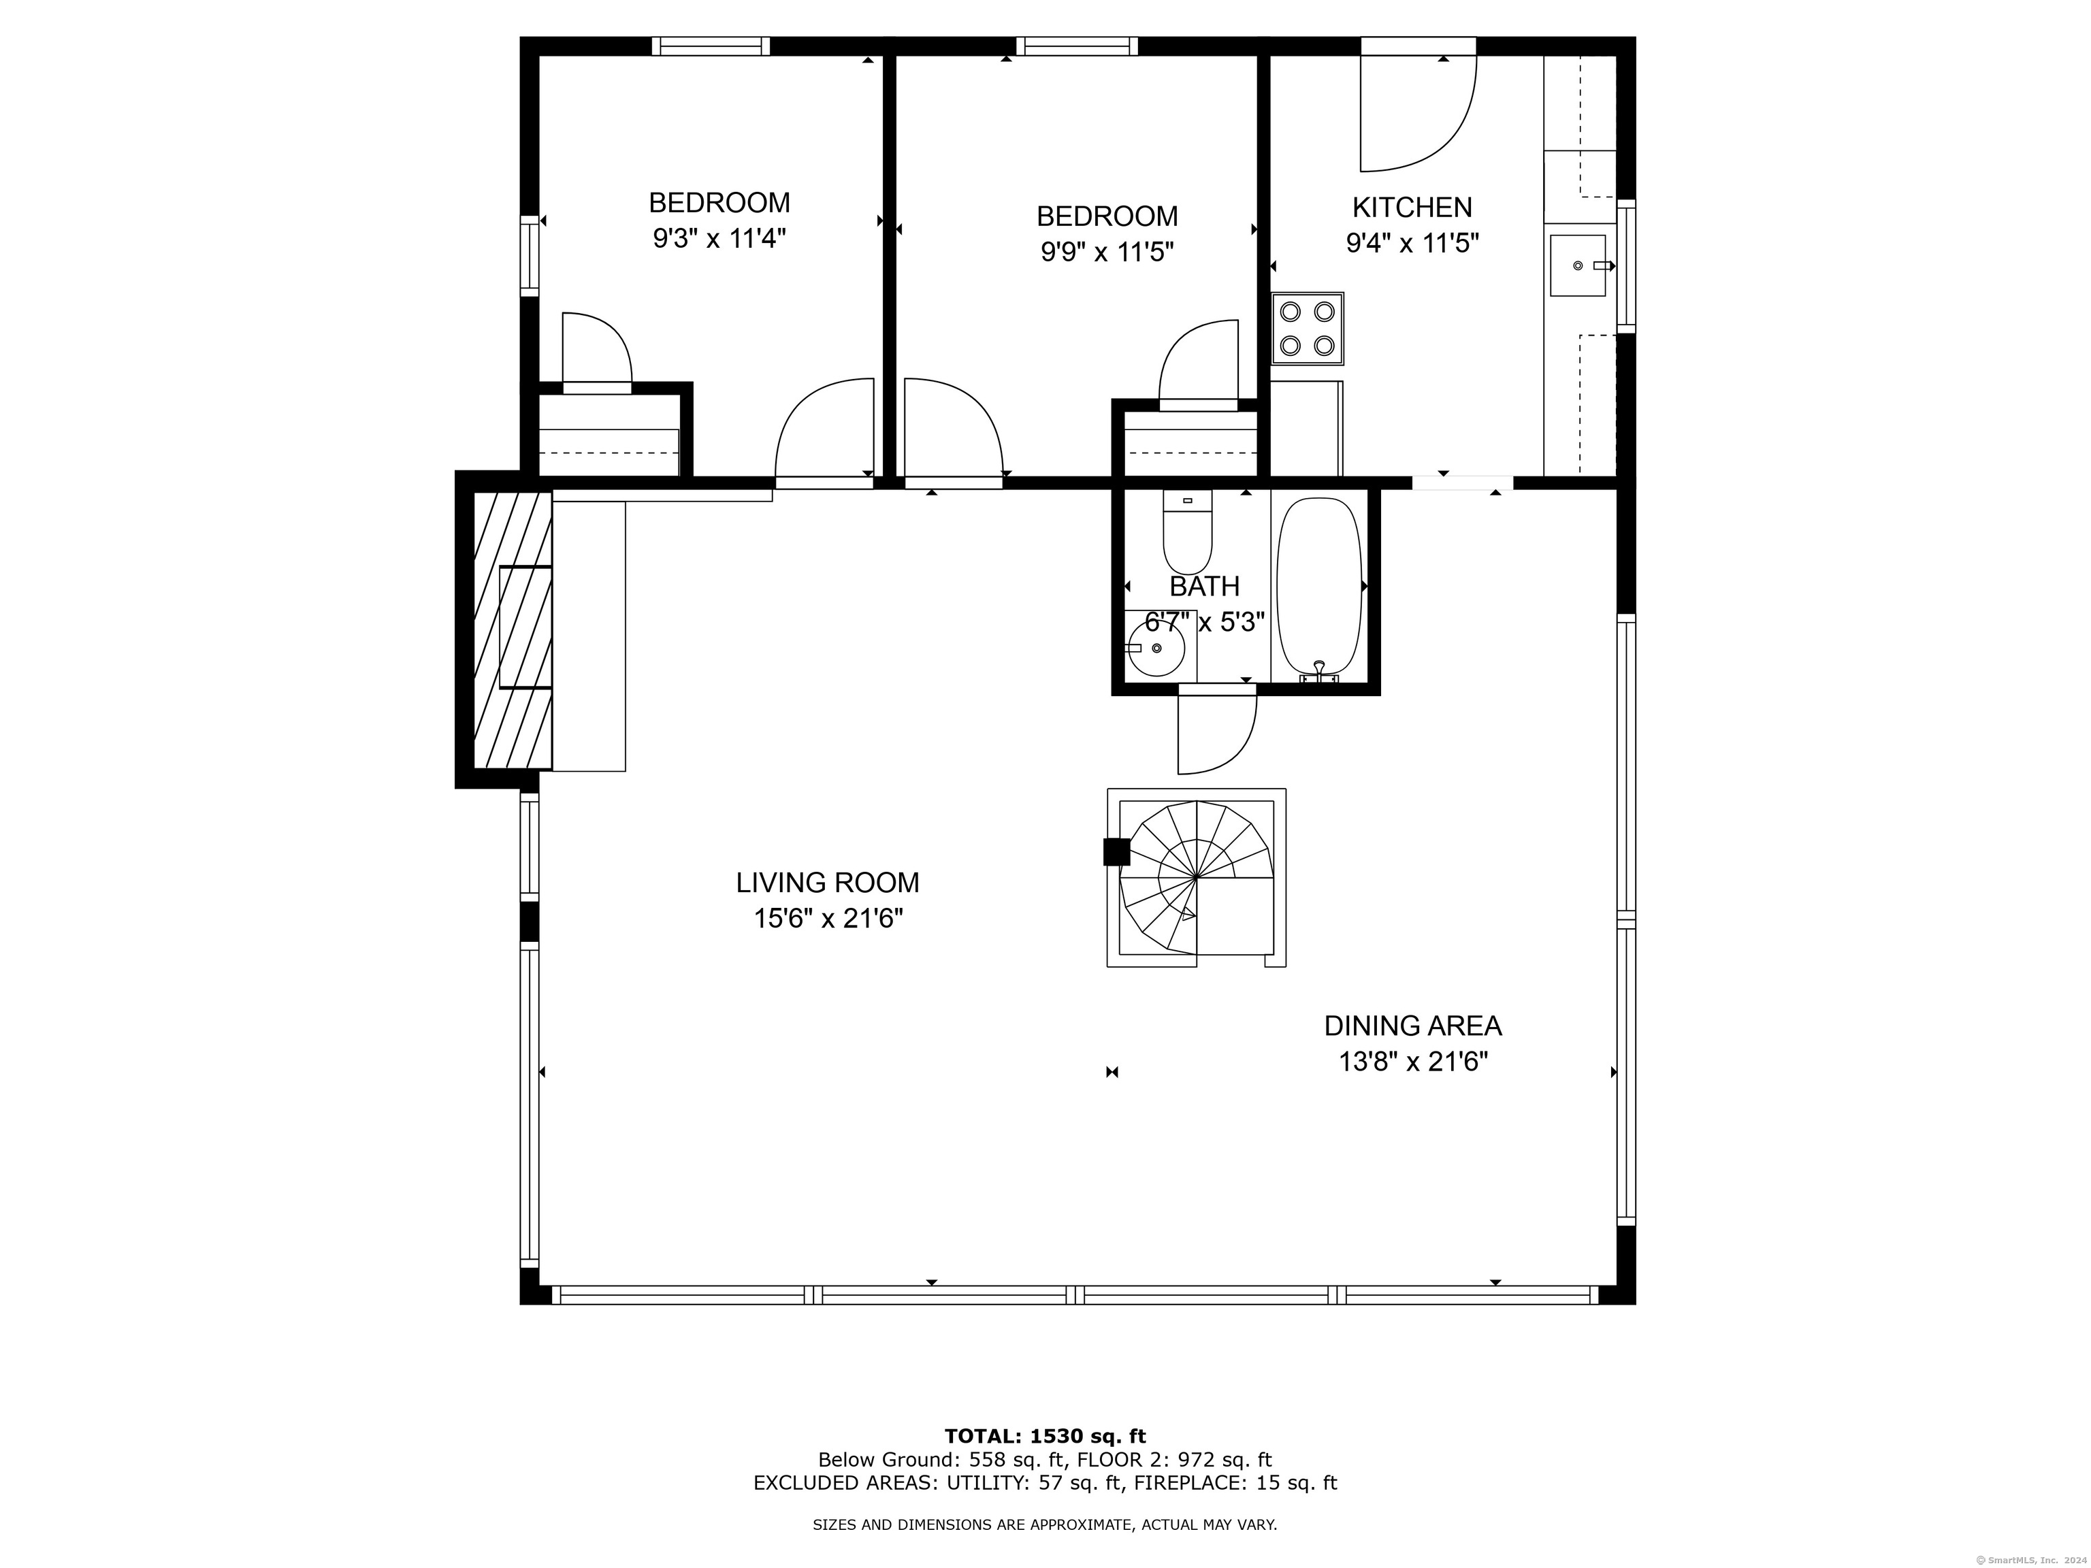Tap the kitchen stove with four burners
pyautogui.click(x=1308, y=328)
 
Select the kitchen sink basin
pyautogui.click(x=1578, y=265)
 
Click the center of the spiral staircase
pyautogui.click(x=1197, y=878)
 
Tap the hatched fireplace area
pyautogui.click(x=513, y=630)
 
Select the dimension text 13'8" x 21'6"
pyautogui.click(x=1413, y=1062)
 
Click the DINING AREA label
pyautogui.click(x=1412, y=1026)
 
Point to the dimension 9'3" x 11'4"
pyautogui.click(x=719, y=238)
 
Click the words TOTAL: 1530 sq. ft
pyautogui.click(x=1045, y=1437)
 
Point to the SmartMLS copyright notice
pyautogui.click(x=2028, y=1560)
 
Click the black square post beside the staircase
pyautogui.click(x=1116, y=853)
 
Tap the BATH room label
pyautogui.click(x=1204, y=587)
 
